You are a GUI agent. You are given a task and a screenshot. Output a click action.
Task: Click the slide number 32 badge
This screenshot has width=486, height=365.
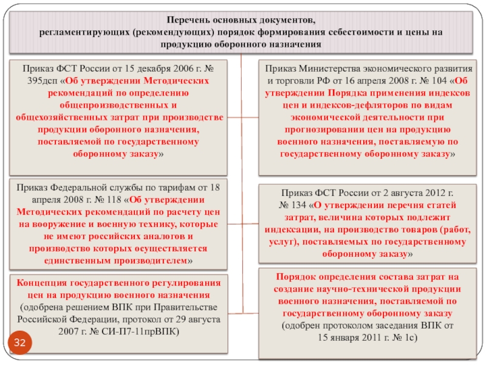[20, 344]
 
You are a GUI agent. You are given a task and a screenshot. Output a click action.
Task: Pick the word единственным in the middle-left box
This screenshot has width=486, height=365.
[72, 260]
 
